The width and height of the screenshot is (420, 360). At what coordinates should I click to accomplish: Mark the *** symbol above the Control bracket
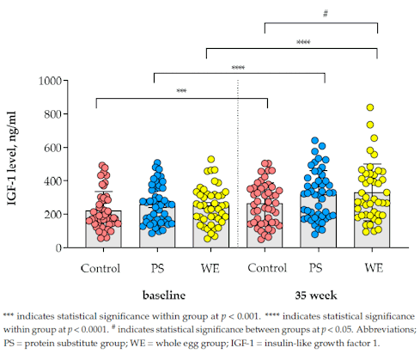coord(181,92)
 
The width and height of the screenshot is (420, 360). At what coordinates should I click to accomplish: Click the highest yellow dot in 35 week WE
coord(370,108)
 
